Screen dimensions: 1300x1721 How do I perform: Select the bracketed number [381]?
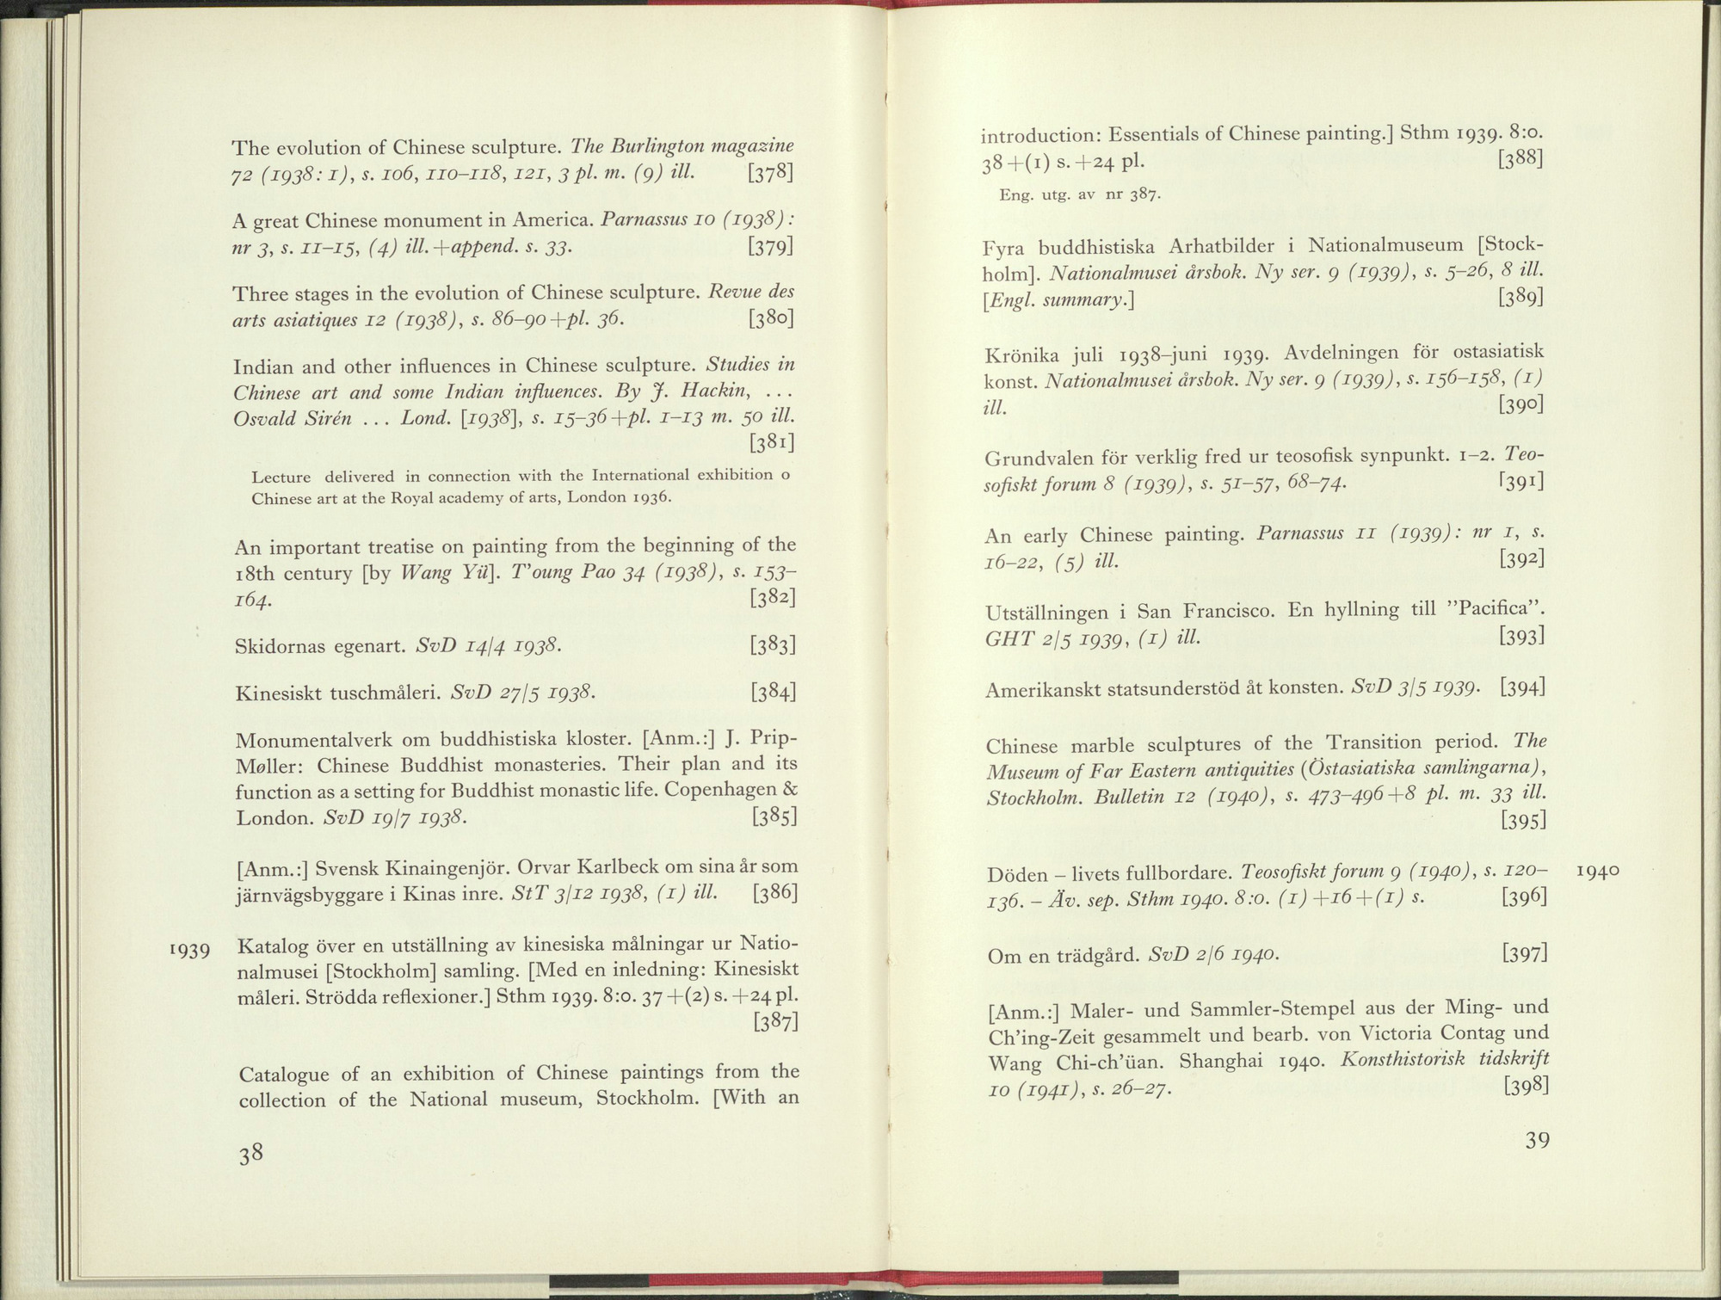[x=771, y=444]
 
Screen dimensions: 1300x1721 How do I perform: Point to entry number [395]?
[x=1524, y=821]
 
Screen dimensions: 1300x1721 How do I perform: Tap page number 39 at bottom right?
[x=1537, y=1141]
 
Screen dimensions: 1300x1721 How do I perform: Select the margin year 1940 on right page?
[x=1597, y=871]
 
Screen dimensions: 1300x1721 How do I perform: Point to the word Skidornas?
[x=276, y=645]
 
